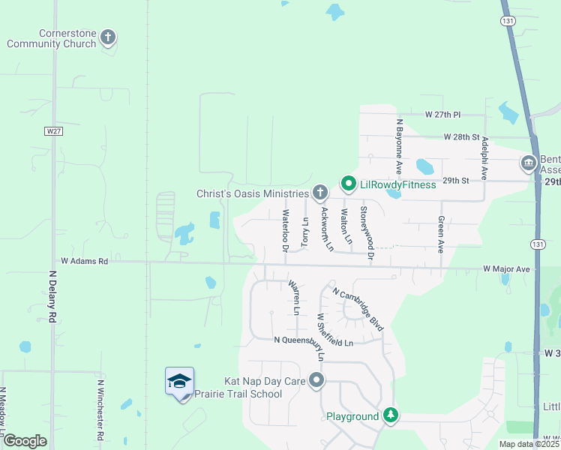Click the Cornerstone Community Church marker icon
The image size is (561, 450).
[x=108, y=37]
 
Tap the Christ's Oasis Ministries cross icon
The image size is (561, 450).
[x=320, y=193]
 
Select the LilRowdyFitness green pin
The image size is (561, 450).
[x=348, y=183]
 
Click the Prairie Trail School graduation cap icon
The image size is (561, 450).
[x=179, y=382]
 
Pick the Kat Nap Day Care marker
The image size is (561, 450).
[x=317, y=381]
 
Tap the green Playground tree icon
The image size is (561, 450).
[x=390, y=415]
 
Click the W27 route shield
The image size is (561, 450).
[x=52, y=130]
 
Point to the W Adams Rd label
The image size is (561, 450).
[x=79, y=262]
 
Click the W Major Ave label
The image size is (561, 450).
[x=506, y=268]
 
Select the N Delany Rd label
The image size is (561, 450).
[x=53, y=297]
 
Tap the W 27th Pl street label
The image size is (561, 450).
[x=442, y=115]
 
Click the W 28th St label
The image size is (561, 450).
[x=460, y=137]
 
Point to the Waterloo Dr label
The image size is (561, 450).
[x=286, y=230]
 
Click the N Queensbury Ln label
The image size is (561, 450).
[x=313, y=342]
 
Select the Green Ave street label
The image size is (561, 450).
[x=441, y=235]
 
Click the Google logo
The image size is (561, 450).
[x=25, y=441]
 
